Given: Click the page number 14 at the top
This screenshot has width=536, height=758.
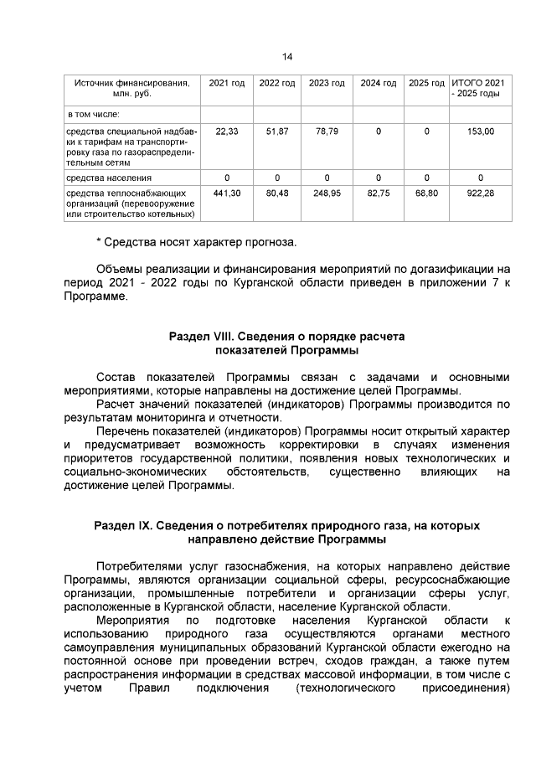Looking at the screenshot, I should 287,56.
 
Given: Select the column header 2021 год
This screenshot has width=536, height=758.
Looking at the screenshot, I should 226,83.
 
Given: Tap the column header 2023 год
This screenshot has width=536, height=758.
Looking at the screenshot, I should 327,83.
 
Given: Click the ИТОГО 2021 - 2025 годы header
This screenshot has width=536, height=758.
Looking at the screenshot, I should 480,89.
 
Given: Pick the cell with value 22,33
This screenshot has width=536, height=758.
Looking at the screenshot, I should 227,131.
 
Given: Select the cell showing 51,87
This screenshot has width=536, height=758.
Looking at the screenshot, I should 276,131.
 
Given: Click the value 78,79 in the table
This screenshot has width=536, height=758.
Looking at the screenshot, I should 327,131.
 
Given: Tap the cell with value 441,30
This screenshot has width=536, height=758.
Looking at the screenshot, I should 227,193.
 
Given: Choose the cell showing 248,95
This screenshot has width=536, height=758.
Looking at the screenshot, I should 327,193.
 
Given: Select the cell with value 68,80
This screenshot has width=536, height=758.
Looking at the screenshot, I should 426,193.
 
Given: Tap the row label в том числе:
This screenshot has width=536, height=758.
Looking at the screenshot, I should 94,114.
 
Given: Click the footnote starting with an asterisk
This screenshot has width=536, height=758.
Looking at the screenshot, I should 195,242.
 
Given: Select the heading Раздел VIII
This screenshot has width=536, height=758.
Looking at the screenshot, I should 286,336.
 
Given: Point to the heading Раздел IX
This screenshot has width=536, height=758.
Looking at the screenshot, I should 286,525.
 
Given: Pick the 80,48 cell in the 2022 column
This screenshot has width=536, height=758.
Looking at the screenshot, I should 276,193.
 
